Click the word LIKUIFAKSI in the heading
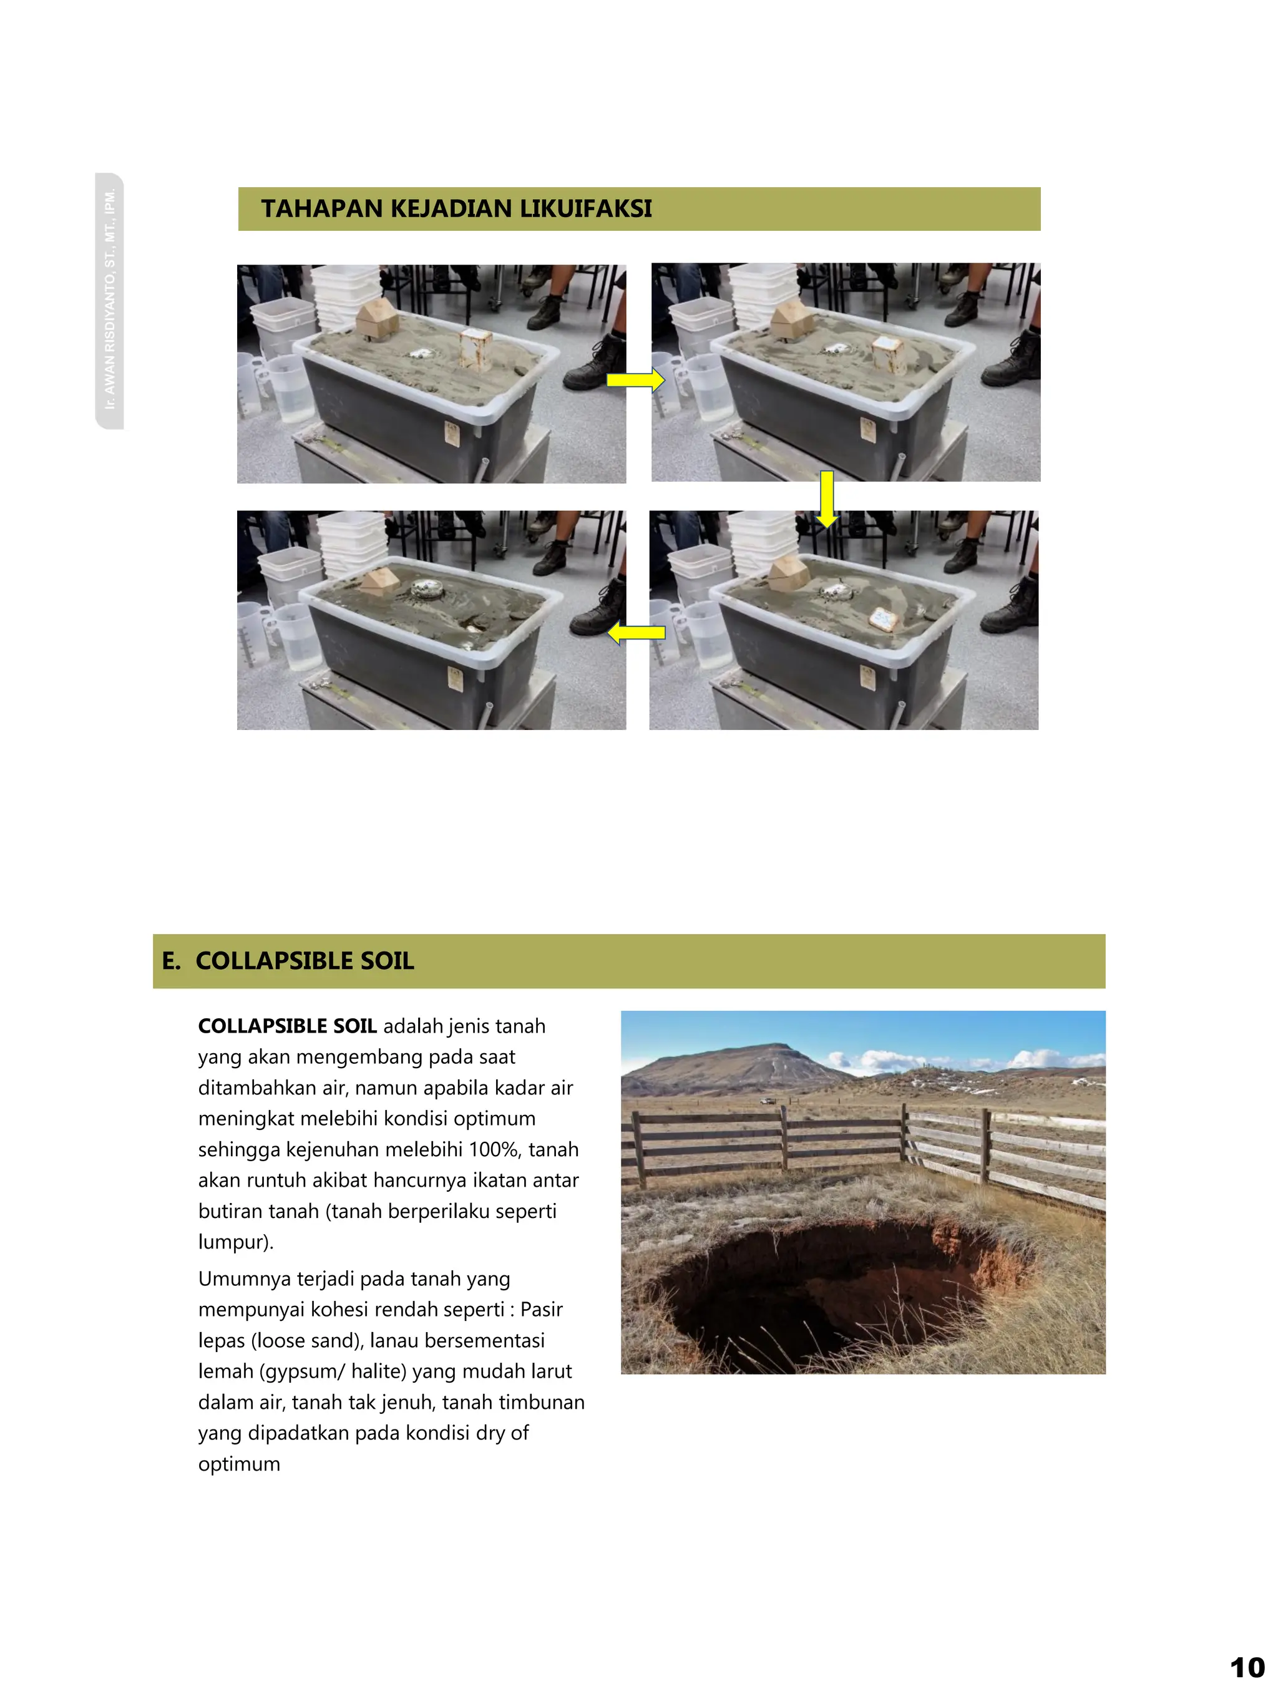pos(585,208)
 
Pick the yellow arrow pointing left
pos(636,632)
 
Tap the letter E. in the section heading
pos(171,961)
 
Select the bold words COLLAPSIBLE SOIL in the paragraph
pos(287,1026)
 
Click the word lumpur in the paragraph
pos(232,1242)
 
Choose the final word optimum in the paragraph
pos(239,1464)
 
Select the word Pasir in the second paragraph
pos(541,1310)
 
